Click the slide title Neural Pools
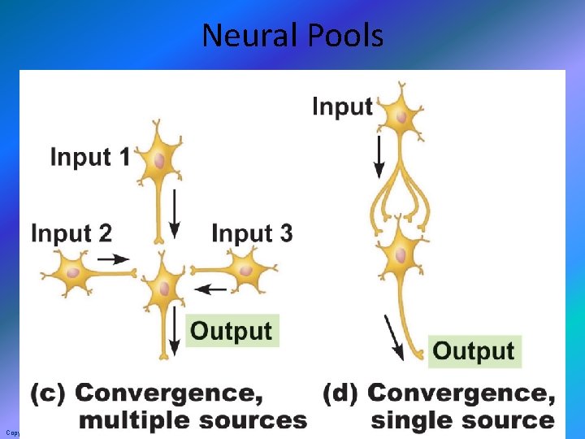point(292,36)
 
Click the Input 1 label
point(89,157)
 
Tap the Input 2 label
point(71,233)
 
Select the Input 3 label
point(252,233)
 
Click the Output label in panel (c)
point(232,331)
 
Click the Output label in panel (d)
point(474,350)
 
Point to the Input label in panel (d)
point(342,106)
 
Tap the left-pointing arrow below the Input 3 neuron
point(212,288)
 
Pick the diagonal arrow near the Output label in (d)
point(393,337)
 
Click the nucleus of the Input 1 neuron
point(159,159)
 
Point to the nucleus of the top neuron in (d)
point(401,116)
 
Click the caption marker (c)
point(49,394)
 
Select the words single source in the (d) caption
point(461,420)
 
